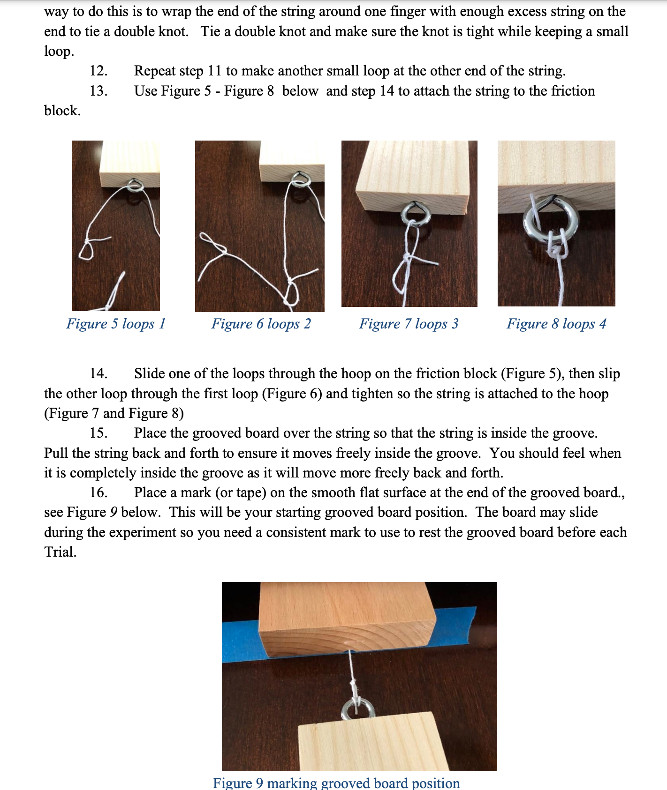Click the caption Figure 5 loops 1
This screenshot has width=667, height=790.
click(x=116, y=324)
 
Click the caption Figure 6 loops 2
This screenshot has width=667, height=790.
click(x=261, y=324)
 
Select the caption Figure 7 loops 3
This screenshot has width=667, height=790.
click(x=409, y=324)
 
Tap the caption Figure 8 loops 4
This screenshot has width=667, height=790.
click(x=556, y=324)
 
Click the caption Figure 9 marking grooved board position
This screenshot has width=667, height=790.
click(x=336, y=783)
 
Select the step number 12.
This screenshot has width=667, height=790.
click(x=99, y=71)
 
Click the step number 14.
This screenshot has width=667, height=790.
click(x=99, y=373)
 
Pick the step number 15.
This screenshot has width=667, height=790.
click(x=99, y=433)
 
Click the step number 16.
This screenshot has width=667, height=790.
click(x=99, y=492)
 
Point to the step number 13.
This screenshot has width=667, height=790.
click(x=99, y=91)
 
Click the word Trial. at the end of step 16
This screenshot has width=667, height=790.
click(x=60, y=552)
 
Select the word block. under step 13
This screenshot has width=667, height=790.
click(x=62, y=111)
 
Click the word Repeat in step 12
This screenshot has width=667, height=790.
click(x=154, y=71)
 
